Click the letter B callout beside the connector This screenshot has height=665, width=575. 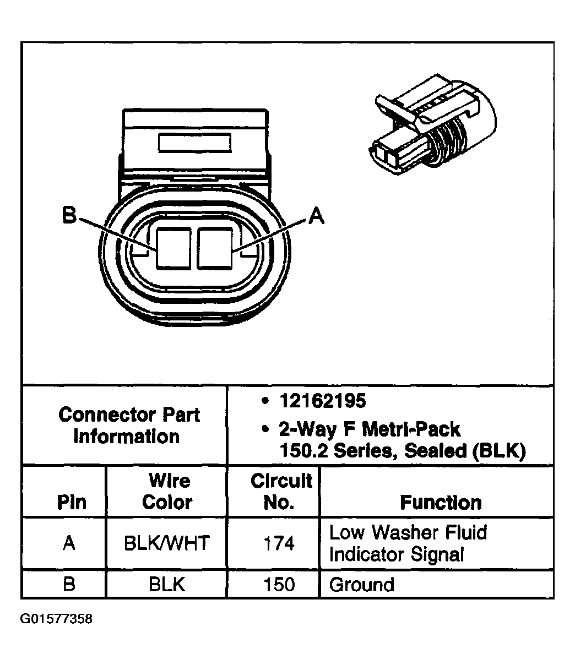(x=69, y=215)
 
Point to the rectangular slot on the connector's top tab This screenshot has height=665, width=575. (x=194, y=142)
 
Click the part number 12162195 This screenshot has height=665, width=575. (x=322, y=401)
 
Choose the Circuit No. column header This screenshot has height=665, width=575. (x=281, y=491)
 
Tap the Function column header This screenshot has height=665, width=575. (x=441, y=502)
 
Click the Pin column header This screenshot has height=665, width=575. (x=72, y=502)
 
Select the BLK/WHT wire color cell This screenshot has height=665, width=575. (x=166, y=543)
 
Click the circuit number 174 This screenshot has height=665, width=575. (x=279, y=543)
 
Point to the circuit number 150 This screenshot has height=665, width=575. (x=279, y=584)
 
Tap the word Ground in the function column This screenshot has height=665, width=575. (x=361, y=584)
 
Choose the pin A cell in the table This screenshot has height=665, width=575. (x=69, y=543)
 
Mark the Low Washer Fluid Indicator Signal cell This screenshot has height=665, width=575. (x=408, y=543)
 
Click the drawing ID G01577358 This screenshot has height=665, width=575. (x=56, y=619)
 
